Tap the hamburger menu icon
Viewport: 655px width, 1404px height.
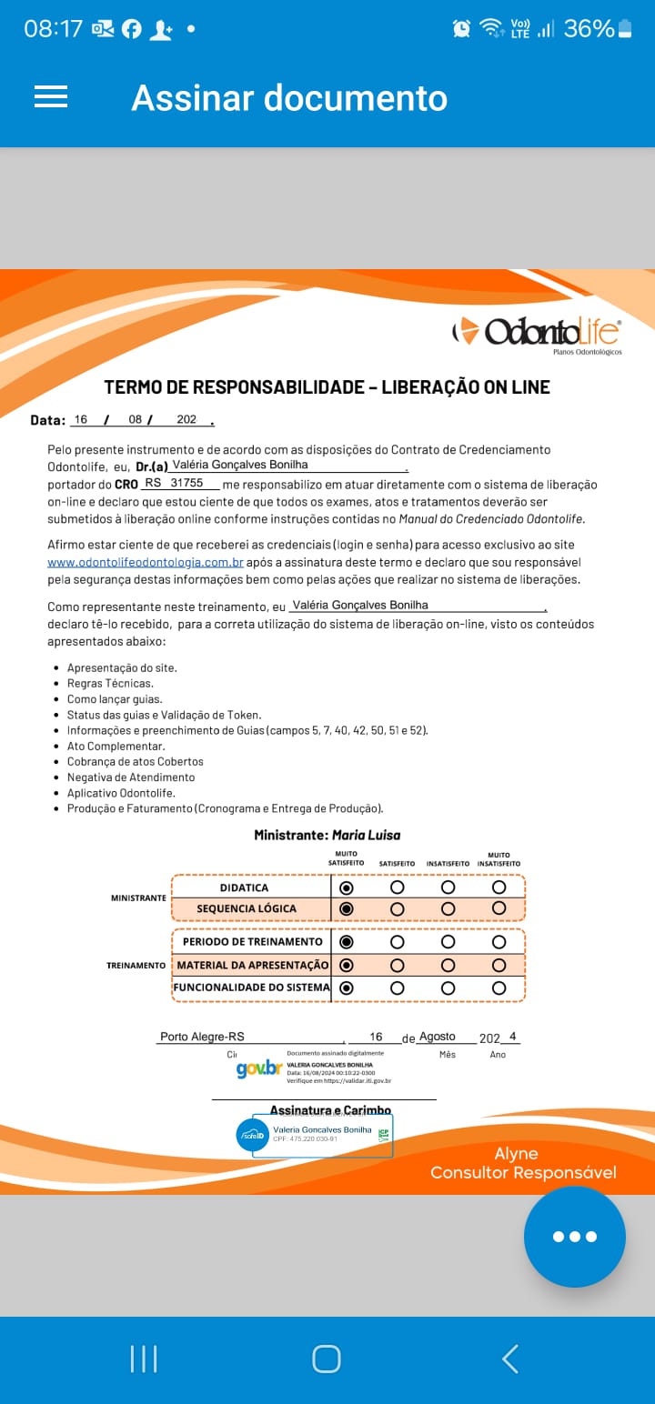tap(51, 97)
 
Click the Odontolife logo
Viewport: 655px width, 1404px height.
tap(537, 333)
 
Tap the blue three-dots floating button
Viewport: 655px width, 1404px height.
tap(574, 1236)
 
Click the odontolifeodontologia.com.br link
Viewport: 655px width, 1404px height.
tap(146, 563)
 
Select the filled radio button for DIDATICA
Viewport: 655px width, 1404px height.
tap(346, 888)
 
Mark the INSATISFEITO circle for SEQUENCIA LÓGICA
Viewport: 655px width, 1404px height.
tap(448, 908)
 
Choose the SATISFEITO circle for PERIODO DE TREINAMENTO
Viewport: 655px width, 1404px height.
tap(397, 942)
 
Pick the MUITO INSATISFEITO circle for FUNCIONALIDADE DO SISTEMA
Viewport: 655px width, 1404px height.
tap(499, 988)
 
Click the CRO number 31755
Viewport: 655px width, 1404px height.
tap(186, 484)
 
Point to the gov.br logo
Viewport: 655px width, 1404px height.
tap(258, 1068)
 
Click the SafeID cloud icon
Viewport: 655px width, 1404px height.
tap(253, 1136)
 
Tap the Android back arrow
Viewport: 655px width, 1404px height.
tap(510, 1359)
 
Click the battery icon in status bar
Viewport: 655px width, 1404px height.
tap(624, 29)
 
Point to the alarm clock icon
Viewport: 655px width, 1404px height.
tap(462, 29)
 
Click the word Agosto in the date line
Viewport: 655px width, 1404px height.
tap(437, 1037)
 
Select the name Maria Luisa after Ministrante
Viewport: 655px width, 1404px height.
tap(366, 835)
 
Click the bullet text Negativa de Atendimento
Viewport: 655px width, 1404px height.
tap(131, 777)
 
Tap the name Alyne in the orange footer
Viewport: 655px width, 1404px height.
tap(516, 1154)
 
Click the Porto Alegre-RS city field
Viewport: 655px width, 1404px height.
tap(202, 1037)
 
